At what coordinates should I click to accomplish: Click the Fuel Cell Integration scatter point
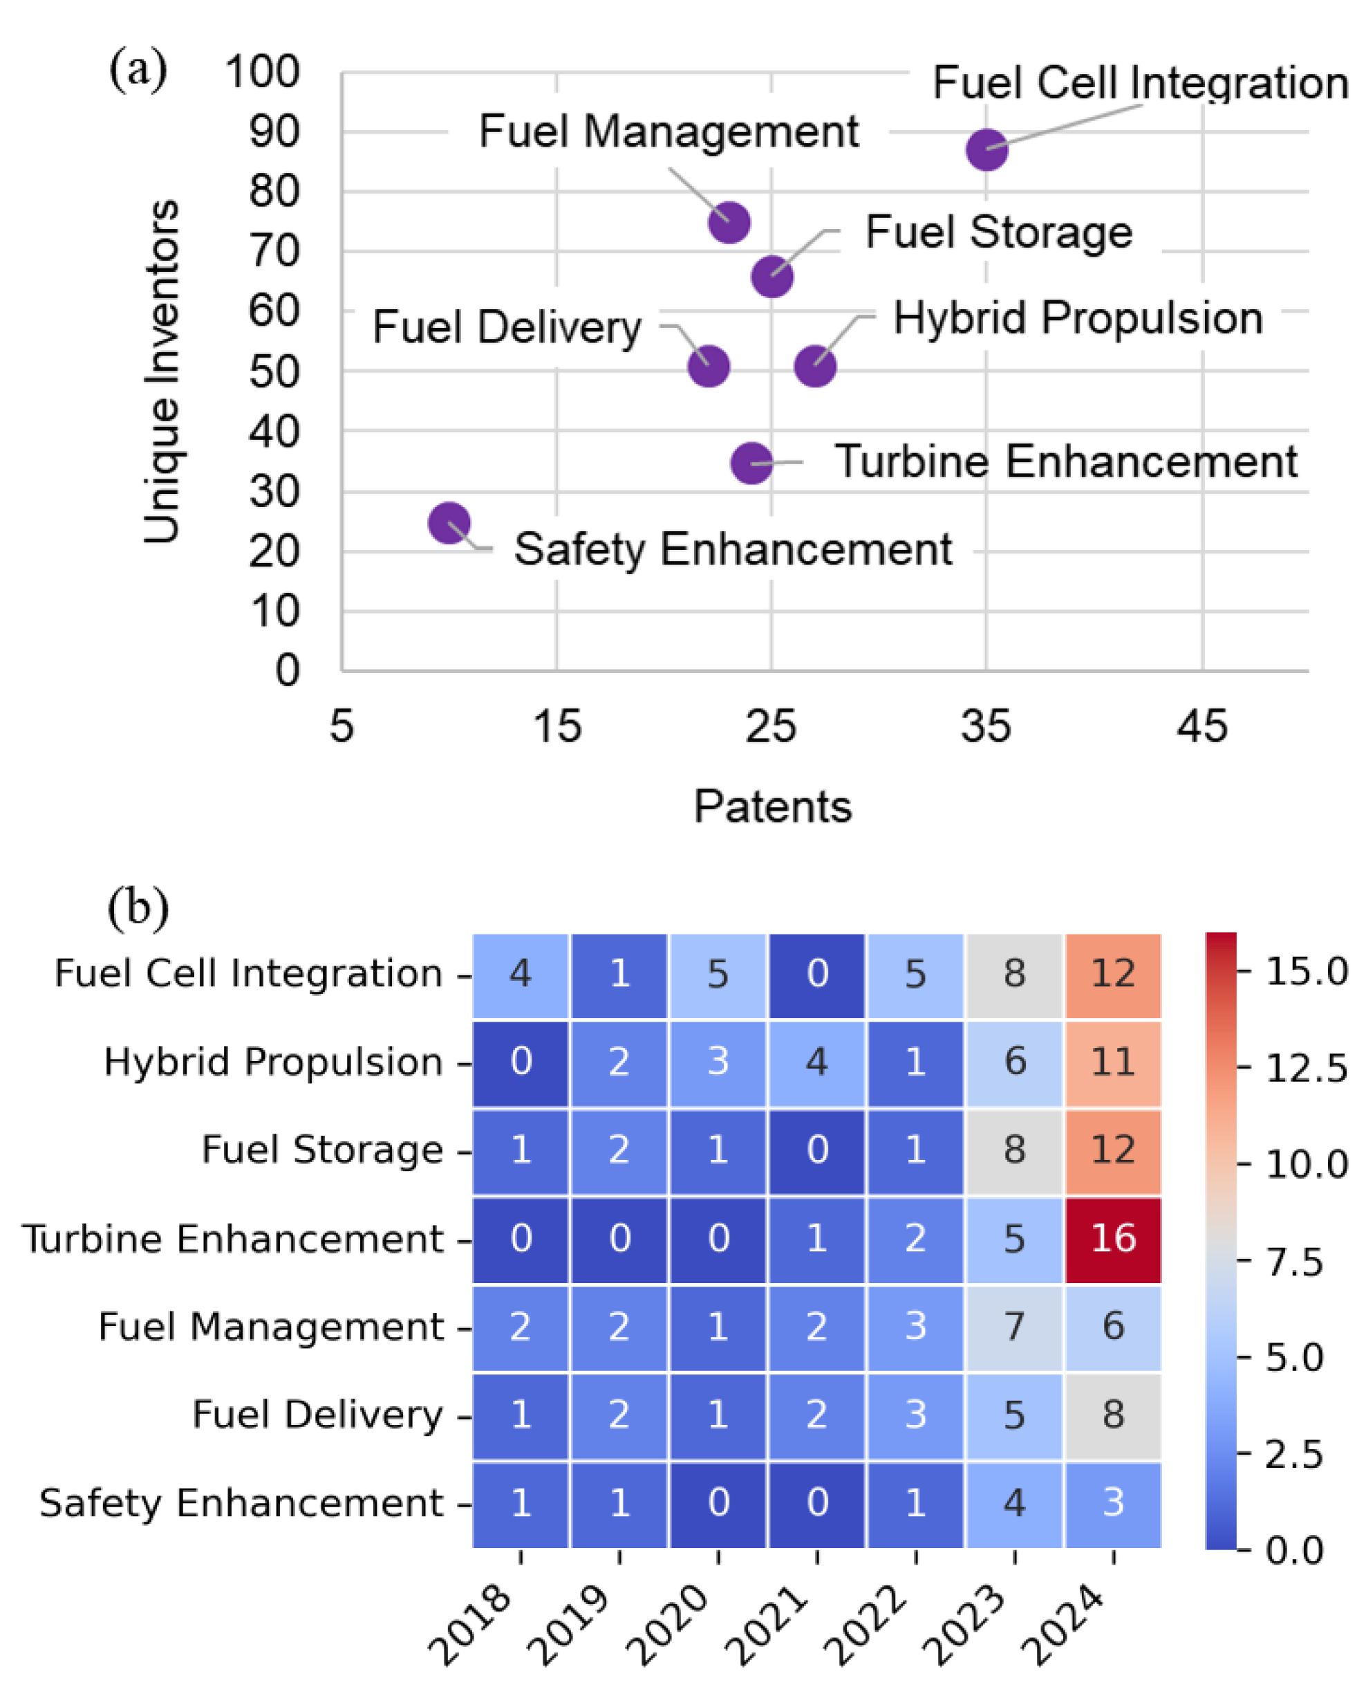986,149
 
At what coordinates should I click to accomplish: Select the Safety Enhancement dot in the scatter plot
449,523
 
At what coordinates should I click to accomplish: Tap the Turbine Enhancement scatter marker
751,463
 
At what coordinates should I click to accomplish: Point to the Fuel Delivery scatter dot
708,366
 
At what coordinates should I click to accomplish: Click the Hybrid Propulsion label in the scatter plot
1077,319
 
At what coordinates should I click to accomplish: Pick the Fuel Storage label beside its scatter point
998,232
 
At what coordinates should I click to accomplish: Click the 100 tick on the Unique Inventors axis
262,73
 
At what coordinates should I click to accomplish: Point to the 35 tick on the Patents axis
986,726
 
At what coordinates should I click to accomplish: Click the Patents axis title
773,807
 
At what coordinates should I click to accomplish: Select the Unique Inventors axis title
161,371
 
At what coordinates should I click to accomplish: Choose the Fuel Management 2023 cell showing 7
1014,1327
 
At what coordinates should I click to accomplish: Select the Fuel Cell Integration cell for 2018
520,974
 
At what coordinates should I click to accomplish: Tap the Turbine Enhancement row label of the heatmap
233,1239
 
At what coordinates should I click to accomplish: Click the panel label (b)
138,907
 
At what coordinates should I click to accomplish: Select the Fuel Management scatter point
729,223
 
